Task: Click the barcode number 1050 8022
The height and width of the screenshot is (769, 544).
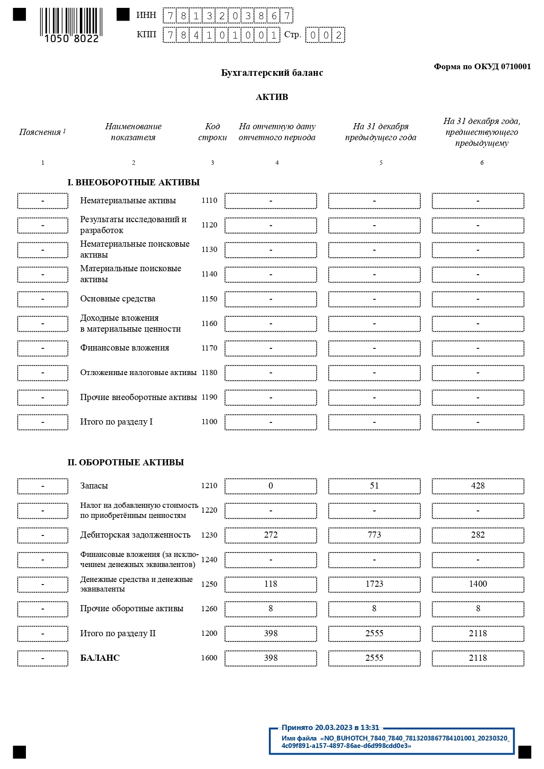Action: pos(72,39)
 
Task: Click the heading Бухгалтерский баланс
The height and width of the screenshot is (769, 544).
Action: pos(272,73)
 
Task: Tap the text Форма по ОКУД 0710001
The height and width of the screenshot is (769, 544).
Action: pos(482,67)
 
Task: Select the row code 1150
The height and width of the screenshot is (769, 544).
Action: pos(209,299)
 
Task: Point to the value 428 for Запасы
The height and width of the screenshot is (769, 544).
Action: pos(478,486)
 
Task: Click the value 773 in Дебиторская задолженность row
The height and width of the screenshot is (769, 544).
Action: pos(374,535)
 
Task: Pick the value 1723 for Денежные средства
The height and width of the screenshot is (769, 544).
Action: pos(374,584)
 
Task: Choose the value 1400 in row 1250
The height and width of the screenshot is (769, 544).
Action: pos(478,584)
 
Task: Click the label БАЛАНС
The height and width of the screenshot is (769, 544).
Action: pos(100,658)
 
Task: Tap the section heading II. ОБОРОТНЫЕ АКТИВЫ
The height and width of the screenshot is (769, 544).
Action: pos(125,463)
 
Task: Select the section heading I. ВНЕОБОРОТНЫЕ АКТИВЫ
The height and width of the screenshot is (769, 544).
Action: pos(133,183)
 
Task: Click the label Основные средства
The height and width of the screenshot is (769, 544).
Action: pos(118,299)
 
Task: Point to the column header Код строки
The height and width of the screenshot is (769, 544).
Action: pos(212,132)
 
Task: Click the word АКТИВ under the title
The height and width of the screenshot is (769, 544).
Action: pos(272,97)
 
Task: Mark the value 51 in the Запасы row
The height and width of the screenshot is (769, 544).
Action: pos(374,486)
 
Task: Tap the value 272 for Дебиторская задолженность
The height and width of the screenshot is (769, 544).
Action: pos(271,535)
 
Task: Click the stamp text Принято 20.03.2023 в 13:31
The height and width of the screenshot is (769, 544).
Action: pos(330,728)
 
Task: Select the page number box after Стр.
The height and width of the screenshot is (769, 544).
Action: pos(325,35)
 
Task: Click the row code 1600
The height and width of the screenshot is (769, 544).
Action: pos(209,658)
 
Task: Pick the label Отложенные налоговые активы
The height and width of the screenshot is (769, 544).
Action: pos(138,373)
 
